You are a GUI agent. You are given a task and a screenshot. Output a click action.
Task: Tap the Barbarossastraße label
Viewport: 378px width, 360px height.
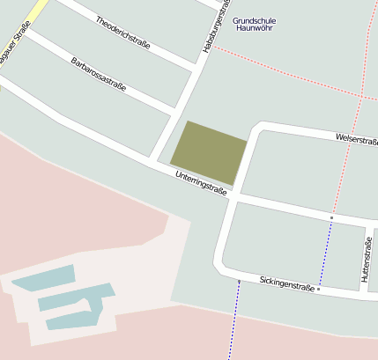(98, 75)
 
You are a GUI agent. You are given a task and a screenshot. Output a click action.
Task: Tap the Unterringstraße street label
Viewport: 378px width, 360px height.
(201, 184)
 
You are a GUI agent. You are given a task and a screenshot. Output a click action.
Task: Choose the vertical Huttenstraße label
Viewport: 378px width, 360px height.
(366, 261)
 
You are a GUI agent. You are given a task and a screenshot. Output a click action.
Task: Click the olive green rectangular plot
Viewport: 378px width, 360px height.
(209, 151)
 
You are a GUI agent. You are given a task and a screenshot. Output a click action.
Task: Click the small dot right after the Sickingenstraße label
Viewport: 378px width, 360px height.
(319, 288)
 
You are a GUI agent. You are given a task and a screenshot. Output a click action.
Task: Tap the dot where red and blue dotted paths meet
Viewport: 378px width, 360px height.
(331, 217)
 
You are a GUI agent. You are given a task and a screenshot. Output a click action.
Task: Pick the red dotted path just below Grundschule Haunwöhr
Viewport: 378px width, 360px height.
(291, 71)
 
